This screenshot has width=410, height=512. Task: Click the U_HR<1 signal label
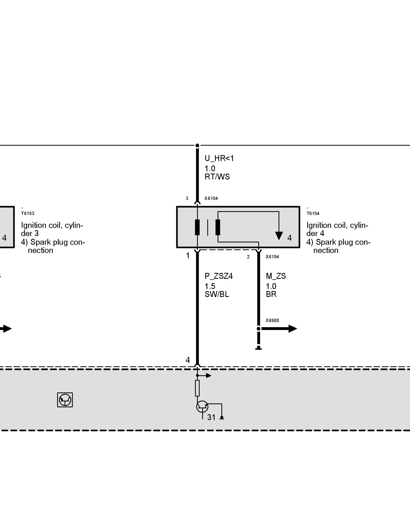click(x=219, y=158)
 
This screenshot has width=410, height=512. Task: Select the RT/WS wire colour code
click(x=217, y=177)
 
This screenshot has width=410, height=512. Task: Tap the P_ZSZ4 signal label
click(x=219, y=276)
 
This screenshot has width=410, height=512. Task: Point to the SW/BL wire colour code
click(x=217, y=294)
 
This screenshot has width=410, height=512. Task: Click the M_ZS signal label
click(x=276, y=276)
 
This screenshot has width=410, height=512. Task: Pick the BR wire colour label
click(x=271, y=294)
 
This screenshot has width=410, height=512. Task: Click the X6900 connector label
click(x=272, y=321)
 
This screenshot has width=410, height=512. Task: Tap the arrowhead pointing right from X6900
click(x=292, y=329)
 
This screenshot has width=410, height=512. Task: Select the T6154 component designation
click(x=313, y=214)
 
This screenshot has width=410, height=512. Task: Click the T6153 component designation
click(x=27, y=214)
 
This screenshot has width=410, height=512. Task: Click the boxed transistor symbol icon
click(x=65, y=400)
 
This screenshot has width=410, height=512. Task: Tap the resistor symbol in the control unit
click(x=197, y=388)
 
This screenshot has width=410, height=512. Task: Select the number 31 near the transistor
click(x=211, y=418)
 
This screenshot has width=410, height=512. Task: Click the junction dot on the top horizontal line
click(x=197, y=145)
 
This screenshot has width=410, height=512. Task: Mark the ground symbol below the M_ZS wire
click(x=259, y=348)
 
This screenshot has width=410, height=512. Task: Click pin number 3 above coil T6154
click(x=187, y=198)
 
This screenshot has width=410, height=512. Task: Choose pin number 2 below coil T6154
click(x=248, y=257)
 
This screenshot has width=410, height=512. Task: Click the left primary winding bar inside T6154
click(x=197, y=227)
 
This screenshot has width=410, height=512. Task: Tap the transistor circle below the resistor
click(x=202, y=407)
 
